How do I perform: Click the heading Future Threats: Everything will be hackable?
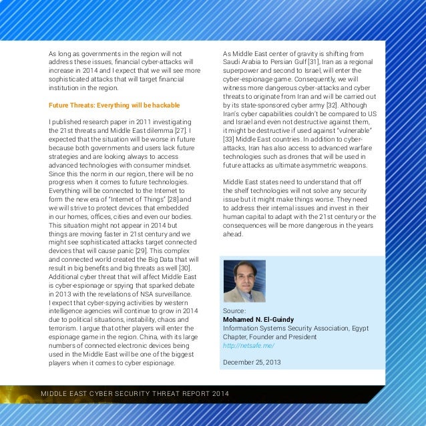click(114, 105)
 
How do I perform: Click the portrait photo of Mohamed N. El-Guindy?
click(244, 281)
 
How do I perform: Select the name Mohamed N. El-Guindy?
click(258, 319)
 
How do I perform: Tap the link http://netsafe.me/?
click(248, 345)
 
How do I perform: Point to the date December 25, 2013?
click(252, 363)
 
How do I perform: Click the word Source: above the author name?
click(234, 310)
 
